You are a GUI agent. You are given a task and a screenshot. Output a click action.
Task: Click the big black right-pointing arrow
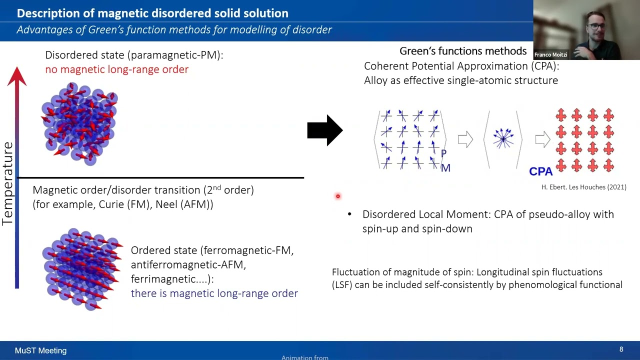[x=324, y=130]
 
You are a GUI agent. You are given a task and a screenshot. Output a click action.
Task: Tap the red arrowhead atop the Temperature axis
[x=17, y=76]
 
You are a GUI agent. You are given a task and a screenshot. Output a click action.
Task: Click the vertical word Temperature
[x=7, y=183]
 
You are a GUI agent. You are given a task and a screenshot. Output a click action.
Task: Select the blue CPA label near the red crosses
[x=540, y=171]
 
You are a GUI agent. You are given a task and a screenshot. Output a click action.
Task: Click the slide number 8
[x=621, y=349]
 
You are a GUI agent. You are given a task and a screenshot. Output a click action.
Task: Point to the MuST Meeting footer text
[x=40, y=350]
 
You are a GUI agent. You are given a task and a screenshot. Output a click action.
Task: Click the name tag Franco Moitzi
[x=550, y=54]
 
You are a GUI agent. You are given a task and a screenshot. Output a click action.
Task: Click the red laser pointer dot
[x=338, y=196]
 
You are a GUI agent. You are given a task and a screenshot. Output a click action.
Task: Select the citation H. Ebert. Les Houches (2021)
[x=583, y=187]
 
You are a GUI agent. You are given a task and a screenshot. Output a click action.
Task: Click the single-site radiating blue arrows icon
[x=503, y=138]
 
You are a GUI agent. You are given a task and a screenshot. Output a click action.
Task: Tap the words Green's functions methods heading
[x=462, y=51]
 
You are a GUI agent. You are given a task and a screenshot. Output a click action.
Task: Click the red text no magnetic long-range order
[x=116, y=69]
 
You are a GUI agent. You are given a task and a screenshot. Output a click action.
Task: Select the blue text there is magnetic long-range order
[x=214, y=293]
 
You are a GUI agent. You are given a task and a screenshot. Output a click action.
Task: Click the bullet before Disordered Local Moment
[x=349, y=214]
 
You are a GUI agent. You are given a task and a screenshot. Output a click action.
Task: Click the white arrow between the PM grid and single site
[x=465, y=139]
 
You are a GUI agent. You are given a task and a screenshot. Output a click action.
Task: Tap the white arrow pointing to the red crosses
[x=542, y=139]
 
